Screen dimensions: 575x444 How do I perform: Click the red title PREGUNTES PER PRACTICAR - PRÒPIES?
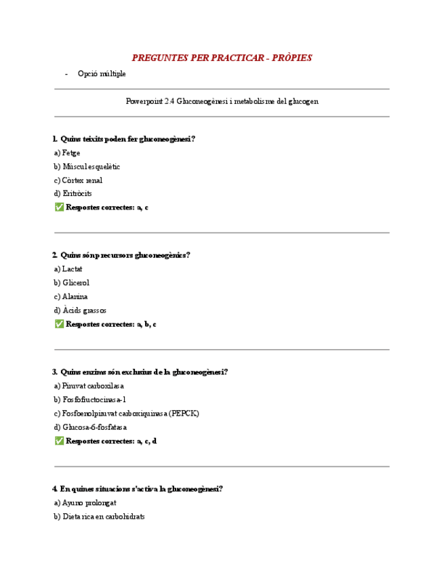[x=222, y=58]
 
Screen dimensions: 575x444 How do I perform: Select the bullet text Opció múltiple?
[x=102, y=73]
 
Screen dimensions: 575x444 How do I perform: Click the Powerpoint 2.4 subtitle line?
[x=222, y=101]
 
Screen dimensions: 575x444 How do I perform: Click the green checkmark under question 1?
[x=59, y=207]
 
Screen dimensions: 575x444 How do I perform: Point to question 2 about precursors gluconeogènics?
[x=121, y=255]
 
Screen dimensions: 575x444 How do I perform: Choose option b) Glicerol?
[x=71, y=283]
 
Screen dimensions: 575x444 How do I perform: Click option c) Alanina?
[x=71, y=296]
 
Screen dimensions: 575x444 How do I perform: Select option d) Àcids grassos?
[x=80, y=310]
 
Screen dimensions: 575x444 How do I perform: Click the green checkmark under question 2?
[x=59, y=324]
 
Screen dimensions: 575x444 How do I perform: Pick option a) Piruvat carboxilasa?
[x=89, y=385]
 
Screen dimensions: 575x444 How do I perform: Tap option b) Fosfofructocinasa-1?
[x=90, y=399]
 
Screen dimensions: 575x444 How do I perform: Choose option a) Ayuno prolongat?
[x=85, y=502]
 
